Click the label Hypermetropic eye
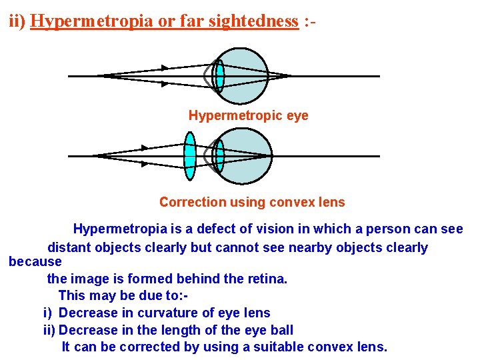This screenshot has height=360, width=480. pyautogui.click(x=248, y=115)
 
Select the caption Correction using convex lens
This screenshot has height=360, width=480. pyautogui.click(x=252, y=202)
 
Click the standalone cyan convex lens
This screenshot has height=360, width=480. pyautogui.click(x=190, y=156)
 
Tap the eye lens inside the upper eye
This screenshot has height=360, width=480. pyautogui.click(x=219, y=76)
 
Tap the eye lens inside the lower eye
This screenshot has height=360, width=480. pyautogui.click(x=219, y=156)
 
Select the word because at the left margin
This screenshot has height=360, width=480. pyautogui.click(x=35, y=261)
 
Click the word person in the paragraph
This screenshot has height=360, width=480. pyautogui.click(x=395, y=229)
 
